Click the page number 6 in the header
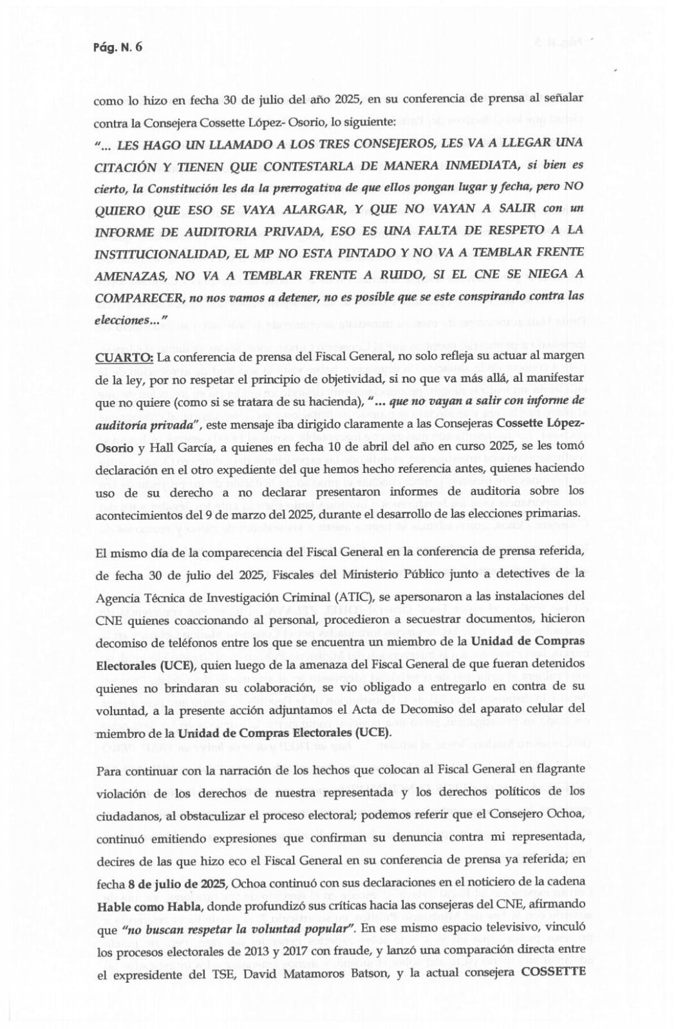[x=138, y=48]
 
